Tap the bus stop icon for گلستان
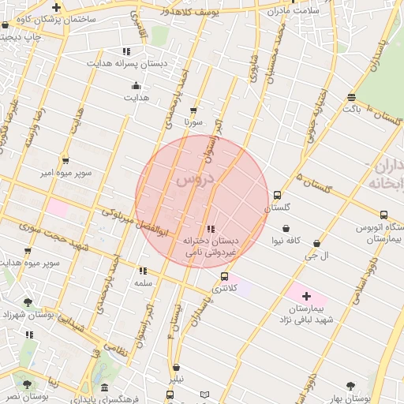coord(277,195)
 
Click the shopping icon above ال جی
coord(317,244)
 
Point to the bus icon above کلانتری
coord(225,276)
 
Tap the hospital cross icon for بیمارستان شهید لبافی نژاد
coord(306,295)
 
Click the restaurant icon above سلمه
coord(142,271)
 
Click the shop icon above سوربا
coord(193,110)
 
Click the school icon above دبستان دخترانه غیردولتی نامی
coord(209,229)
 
